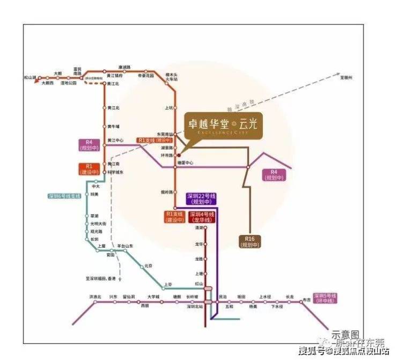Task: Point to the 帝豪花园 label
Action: tap(146, 76)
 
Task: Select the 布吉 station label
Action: tap(306, 300)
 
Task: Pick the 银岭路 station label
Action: tap(166, 192)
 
